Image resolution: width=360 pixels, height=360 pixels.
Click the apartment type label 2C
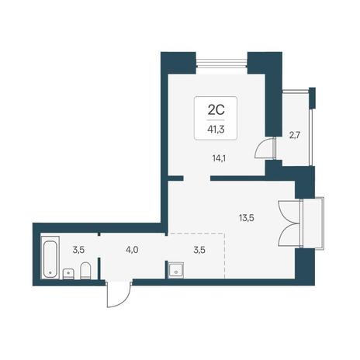click(216, 110)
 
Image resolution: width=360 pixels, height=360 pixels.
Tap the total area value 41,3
click(216, 129)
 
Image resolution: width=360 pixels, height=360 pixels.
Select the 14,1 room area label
click(219, 158)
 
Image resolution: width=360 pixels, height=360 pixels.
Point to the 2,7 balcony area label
click(294, 135)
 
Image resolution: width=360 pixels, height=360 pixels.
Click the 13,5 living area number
click(247, 218)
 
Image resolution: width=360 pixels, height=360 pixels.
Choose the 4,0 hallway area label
click(132, 250)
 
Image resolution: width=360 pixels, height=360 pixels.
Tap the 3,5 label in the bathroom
click(78, 250)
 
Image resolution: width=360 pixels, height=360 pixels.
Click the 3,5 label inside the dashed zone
click(199, 250)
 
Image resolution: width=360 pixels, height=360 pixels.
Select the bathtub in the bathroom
click(50, 258)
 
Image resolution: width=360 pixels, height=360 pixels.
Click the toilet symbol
click(85, 271)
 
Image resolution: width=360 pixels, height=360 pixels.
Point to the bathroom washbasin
click(68, 274)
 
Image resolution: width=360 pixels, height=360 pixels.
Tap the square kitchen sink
click(176, 270)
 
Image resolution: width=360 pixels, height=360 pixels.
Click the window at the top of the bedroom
click(221, 63)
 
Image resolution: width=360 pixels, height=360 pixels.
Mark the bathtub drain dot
click(50, 272)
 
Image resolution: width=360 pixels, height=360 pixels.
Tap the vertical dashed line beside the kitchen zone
click(224, 256)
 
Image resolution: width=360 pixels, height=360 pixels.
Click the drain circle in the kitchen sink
click(176, 272)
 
